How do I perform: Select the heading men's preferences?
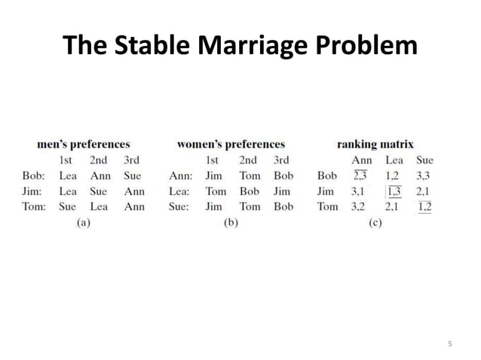84,144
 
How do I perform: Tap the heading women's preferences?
231,144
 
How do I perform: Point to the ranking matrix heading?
375,144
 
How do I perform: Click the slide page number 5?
450,344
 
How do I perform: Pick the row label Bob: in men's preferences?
34,175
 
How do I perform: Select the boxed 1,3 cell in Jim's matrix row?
394,191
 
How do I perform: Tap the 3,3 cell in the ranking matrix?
424,175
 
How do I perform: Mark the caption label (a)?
84,222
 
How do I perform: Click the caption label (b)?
231,222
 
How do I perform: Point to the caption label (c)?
375,222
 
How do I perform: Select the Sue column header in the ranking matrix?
424,160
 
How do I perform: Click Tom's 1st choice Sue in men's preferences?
68,206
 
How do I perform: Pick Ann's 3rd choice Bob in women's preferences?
283,175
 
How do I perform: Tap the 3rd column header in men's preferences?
133,160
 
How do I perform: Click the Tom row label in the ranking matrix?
327,206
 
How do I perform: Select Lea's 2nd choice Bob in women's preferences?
249,191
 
